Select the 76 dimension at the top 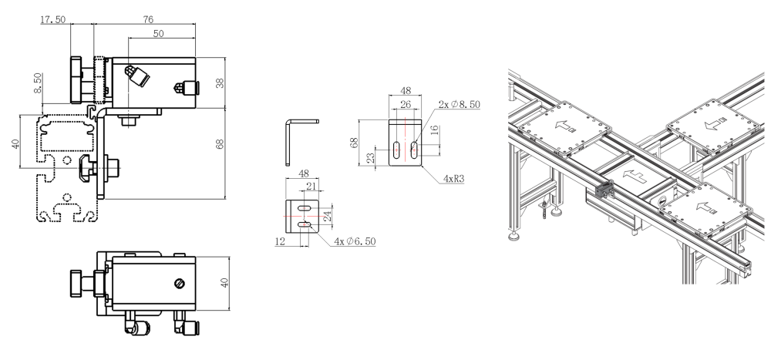click(146, 17)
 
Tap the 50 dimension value click(158, 34)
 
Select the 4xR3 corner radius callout click(453, 177)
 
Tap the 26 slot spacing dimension click(405, 105)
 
